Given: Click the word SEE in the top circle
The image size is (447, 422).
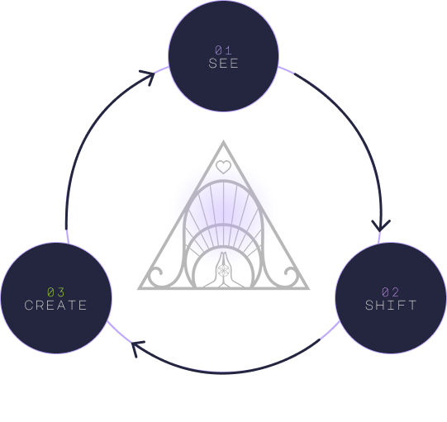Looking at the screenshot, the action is tap(223, 64).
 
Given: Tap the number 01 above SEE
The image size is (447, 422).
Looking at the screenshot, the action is tap(223, 50).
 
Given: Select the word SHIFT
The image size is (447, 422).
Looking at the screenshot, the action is tap(391, 306).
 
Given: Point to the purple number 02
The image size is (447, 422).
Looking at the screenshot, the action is tap(391, 292).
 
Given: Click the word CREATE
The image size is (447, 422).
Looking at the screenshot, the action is tap(56, 306).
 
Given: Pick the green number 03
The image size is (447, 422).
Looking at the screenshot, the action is tap(56, 292).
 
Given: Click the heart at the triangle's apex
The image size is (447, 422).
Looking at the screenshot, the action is tap(223, 167).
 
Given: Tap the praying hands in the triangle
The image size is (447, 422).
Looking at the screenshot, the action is tap(223, 270).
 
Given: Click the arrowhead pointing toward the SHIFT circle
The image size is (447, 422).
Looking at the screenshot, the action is tap(381, 225).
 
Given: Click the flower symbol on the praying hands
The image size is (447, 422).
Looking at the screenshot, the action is tap(223, 270).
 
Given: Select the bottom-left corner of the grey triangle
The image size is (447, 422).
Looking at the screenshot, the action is tap(139, 289).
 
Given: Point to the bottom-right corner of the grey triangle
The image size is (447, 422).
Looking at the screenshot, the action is tap(308, 289).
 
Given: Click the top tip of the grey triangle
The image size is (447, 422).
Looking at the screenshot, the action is tap(223, 140).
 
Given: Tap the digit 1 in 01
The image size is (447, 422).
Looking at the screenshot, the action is tap(229, 50).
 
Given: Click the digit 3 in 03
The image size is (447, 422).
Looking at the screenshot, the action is tap(61, 292).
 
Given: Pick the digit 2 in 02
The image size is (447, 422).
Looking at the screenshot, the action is tap(396, 292).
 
